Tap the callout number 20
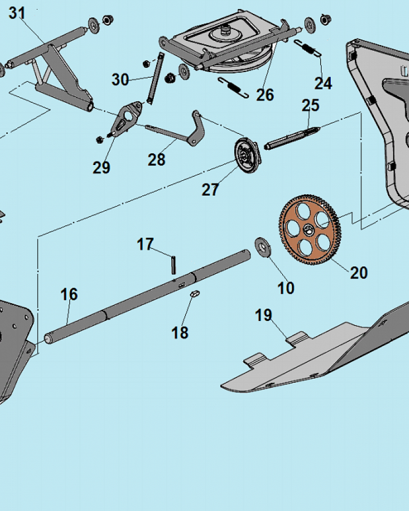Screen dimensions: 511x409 359,273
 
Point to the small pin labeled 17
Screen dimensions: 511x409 174,265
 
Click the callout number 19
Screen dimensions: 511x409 264,316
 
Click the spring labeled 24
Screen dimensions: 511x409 308,49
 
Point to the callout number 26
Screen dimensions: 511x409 265,95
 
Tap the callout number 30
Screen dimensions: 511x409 121,80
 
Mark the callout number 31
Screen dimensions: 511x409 16,13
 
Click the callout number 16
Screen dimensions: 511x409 70,294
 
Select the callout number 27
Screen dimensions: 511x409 210,190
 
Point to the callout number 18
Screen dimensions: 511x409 180,333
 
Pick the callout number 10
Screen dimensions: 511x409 286,288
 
